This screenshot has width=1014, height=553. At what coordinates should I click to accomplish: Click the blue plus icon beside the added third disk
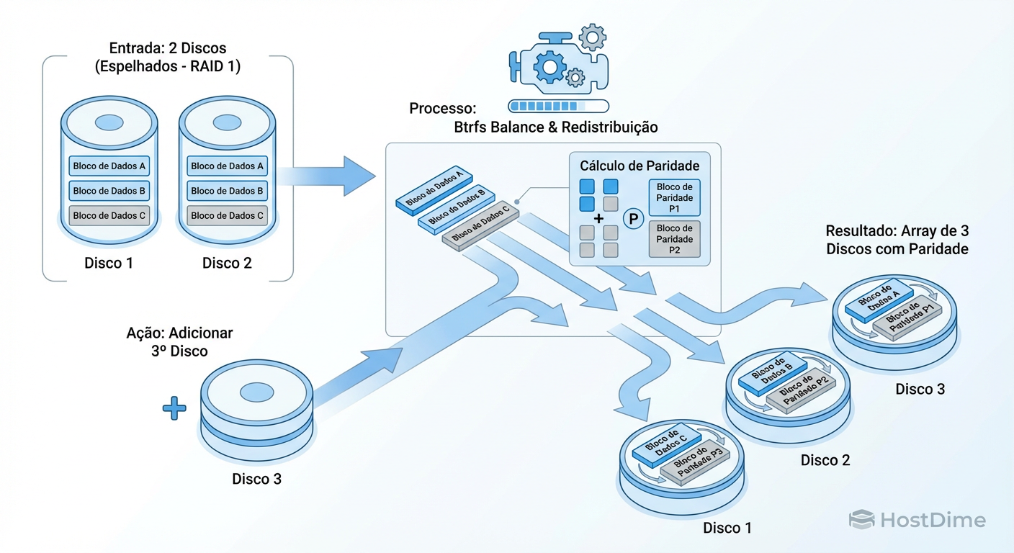174,409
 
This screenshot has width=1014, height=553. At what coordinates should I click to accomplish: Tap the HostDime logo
917,520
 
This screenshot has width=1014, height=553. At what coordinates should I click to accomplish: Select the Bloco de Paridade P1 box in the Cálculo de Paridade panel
674,198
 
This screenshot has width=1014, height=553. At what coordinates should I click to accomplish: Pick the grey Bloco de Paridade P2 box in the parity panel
674,240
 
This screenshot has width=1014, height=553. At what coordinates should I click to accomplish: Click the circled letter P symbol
634,219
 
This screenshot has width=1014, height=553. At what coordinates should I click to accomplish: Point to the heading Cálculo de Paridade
640,166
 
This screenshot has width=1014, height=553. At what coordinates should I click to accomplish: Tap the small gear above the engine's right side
592,36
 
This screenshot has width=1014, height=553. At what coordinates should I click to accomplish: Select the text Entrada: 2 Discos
168,48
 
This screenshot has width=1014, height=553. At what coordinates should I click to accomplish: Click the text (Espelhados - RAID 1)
168,68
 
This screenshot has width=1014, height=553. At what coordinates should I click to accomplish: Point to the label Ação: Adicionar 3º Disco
179,342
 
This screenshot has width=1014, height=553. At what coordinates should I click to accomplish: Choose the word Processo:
443,109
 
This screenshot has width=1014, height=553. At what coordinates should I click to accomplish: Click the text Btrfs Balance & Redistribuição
556,127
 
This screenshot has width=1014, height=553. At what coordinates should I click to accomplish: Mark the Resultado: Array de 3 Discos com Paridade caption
897,240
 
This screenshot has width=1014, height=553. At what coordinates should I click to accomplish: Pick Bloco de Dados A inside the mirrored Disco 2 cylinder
228,166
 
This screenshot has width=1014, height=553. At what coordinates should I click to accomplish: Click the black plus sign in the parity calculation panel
598,219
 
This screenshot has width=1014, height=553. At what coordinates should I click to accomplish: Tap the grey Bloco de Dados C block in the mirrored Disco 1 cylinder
109,215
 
